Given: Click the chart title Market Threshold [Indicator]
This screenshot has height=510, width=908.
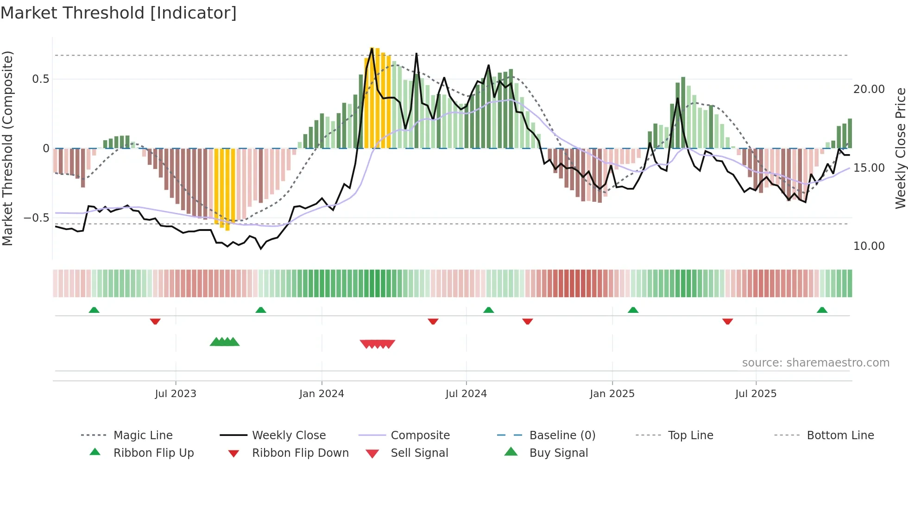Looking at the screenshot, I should click(x=119, y=13).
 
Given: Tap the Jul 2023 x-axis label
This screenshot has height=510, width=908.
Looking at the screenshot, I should click(x=176, y=394).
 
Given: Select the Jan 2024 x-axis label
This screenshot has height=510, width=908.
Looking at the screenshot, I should click(x=322, y=394).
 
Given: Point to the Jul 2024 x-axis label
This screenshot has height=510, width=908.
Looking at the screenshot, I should click(x=466, y=394).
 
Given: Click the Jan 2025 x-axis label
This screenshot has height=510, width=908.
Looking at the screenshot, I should click(x=612, y=394).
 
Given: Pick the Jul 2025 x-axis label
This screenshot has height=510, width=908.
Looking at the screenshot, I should click(x=756, y=394).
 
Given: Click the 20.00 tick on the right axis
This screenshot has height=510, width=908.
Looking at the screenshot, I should click(x=869, y=89).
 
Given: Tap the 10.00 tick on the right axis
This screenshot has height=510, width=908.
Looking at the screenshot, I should click(x=869, y=246).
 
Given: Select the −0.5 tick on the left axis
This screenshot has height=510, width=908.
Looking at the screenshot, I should click(x=36, y=218).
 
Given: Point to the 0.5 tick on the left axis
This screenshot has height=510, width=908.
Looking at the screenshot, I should click(x=40, y=79).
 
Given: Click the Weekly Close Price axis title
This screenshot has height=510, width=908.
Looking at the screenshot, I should click(x=900, y=148).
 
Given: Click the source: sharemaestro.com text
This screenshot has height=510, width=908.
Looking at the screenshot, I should click(x=815, y=363).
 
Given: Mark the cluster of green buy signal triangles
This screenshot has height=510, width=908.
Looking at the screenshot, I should click(x=225, y=342).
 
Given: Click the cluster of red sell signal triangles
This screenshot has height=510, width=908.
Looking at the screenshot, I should click(x=378, y=344).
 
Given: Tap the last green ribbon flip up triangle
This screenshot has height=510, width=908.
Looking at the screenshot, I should click(x=822, y=310).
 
